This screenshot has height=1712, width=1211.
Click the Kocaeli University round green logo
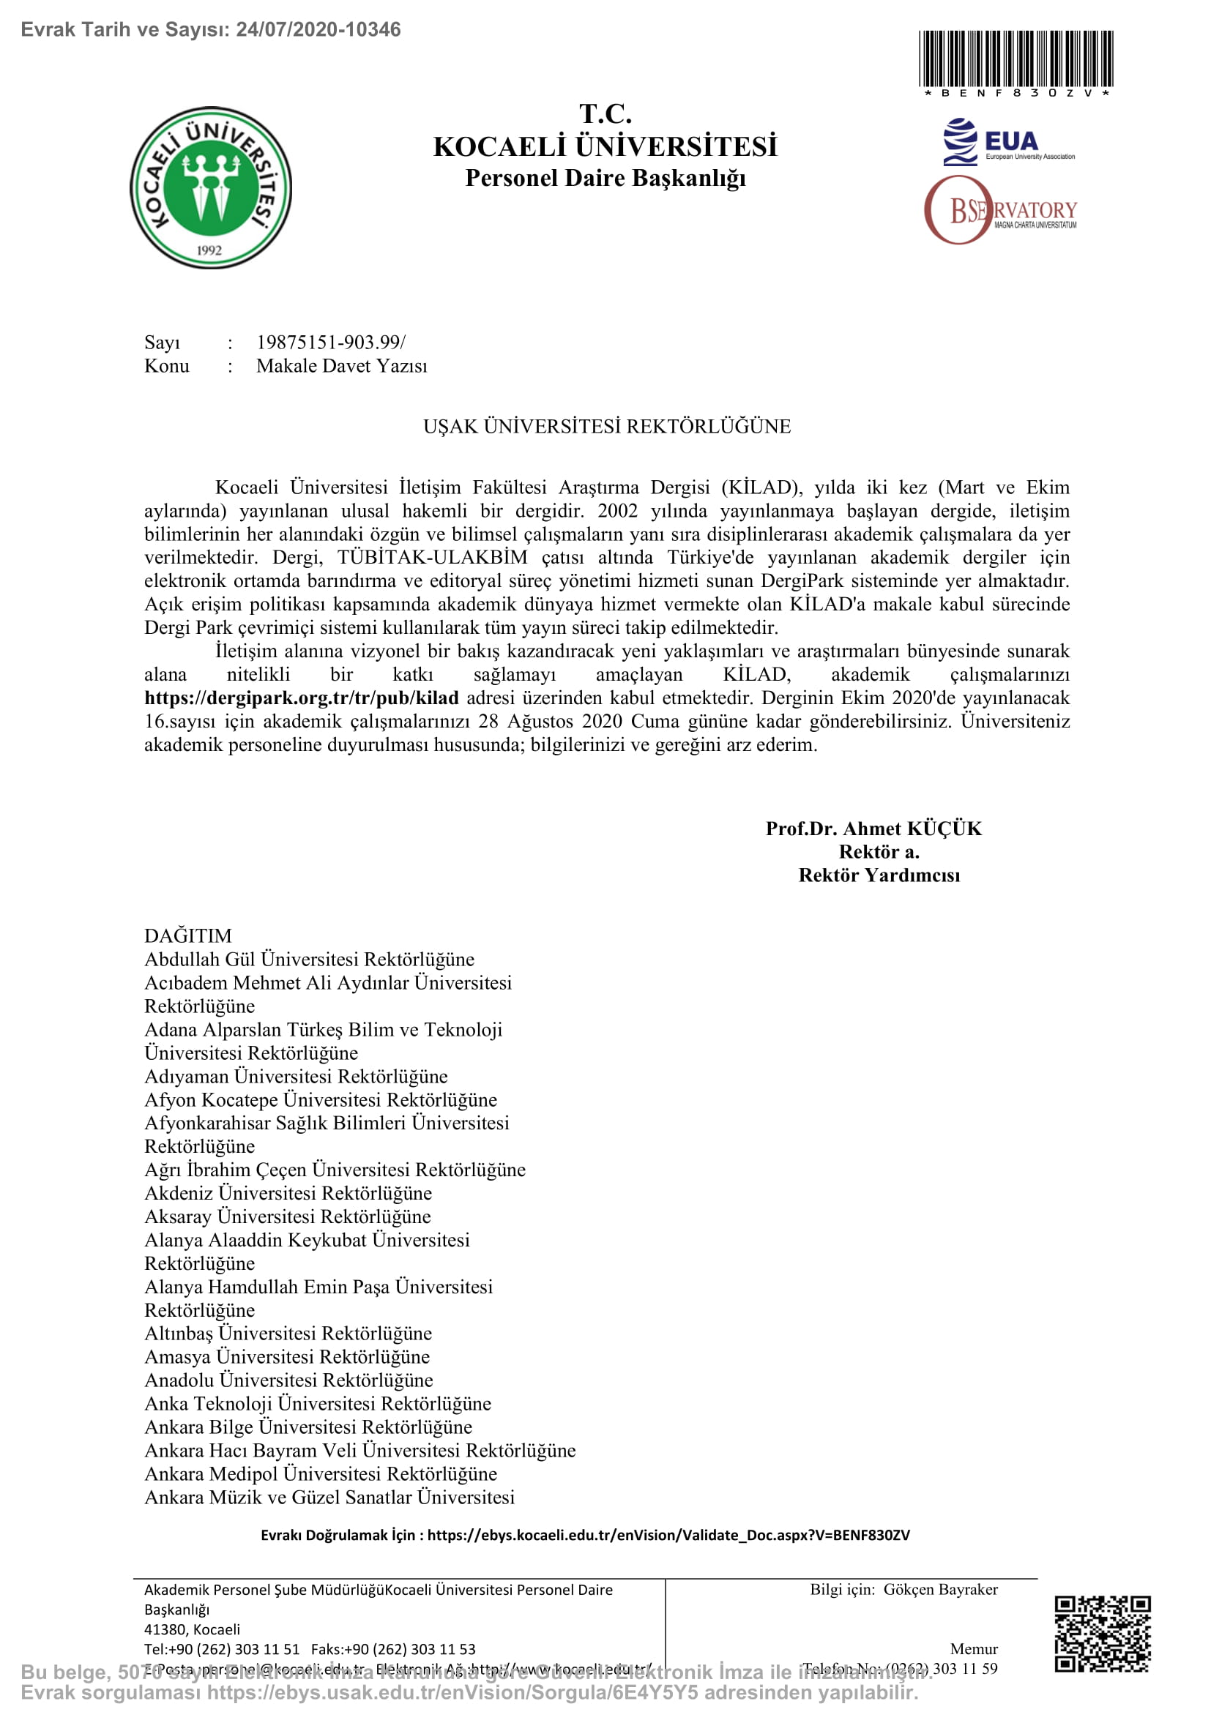click(x=211, y=187)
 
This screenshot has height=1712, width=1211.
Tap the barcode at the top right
click(x=1016, y=59)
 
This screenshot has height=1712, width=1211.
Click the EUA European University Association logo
click(x=1008, y=142)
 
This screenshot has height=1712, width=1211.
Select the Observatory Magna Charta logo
click(x=1001, y=210)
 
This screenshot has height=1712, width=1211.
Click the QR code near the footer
click(x=1102, y=1634)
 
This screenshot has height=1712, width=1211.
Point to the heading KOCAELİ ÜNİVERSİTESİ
click(x=605, y=147)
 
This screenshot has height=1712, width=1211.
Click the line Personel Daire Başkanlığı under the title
click(x=605, y=178)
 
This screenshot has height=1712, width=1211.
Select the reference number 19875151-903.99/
click(x=330, y=343)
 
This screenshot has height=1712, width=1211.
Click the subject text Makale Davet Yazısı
click(x=341, y=366)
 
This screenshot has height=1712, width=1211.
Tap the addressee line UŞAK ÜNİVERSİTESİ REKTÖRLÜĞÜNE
click(x=607, y=427)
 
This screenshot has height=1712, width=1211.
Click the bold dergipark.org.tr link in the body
click(x=301, y=698)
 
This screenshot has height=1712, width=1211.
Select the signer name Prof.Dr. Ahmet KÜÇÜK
click(x=873, y=829)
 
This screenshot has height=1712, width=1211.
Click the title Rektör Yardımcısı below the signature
click(x=879, y=875)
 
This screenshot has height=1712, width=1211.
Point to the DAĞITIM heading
click(x=188, y=936)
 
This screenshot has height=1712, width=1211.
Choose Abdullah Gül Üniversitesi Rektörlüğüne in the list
click(x=309, y=959)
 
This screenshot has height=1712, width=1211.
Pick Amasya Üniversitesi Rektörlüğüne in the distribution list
click(x=287, y=1356)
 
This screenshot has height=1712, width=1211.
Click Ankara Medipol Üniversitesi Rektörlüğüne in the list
click(x=321, y=1473)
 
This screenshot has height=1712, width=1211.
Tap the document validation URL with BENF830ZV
click(x=668, y=1535)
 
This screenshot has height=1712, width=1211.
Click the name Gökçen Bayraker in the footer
click(x=940, y=1589)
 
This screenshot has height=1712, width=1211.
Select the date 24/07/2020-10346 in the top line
click(x=318, y=29)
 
